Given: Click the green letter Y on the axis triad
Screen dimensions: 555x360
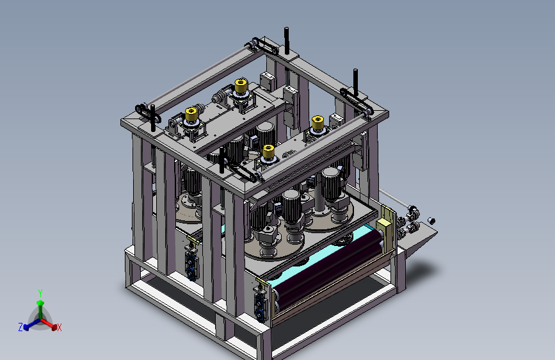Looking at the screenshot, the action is (40, 293).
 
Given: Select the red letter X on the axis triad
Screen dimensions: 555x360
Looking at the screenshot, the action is (59, 328).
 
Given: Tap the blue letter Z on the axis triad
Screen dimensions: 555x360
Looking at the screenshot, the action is (20, 327).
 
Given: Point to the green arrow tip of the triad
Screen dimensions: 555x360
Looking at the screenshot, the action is (40, 303).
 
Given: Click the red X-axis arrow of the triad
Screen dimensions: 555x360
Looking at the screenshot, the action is (48, 323).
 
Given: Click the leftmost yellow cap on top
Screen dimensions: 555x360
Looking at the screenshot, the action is (191, 115).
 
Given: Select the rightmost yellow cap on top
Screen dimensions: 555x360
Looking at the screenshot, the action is (318, 122).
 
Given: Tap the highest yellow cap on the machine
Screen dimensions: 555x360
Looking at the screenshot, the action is (241, 85).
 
